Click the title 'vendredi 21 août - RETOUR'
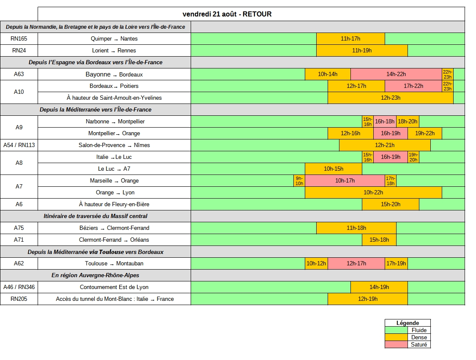[227, 14]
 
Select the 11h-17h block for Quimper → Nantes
[350, 38]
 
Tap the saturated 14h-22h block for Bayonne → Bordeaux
[396, 74]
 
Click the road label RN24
[19, 50]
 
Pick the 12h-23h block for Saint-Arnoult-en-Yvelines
[390, 98]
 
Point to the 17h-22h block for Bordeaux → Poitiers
[413, 86]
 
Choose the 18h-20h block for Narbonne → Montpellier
[408, 121]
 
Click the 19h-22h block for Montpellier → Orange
[425, 133]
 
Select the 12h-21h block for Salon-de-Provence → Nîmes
[385, 145]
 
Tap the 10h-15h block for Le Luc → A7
[334, 169]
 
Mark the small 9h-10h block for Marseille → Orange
[299, 180]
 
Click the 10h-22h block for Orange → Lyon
[373, 192]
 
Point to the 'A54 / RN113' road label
[19, 145]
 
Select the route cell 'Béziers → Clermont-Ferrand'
[115, 228]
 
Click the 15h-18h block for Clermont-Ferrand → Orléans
[379, 240]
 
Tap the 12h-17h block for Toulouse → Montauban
[356, 264]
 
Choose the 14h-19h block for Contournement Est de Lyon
[379, 287]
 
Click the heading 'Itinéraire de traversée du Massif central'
[95, 216]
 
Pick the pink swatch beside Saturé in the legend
[396, 344]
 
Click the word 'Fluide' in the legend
[419, 330]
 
